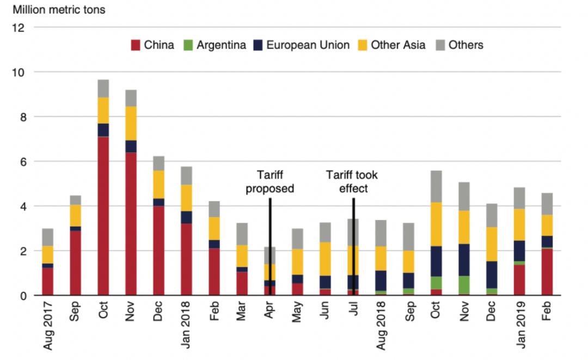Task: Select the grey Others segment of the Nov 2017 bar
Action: pos(131,98)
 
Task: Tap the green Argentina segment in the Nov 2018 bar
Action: pos(464,284)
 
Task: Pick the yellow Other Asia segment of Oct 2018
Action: pos(436,224)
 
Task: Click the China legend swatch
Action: pos(136,45)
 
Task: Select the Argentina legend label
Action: pos(221,45)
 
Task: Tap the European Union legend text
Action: pos(308,45)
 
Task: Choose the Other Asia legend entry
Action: pos(398,45)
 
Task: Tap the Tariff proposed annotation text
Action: pos(270,182)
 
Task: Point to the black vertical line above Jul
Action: pos(354,245)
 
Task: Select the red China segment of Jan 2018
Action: pos(187,259)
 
